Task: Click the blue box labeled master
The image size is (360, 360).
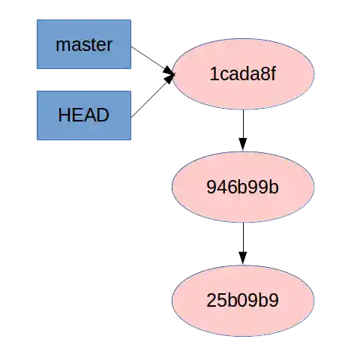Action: (84, 45)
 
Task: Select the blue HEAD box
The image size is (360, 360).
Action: (84, 116)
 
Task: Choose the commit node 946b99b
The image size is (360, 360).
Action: (242, 187)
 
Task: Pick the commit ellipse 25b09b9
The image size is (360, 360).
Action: (242, 301)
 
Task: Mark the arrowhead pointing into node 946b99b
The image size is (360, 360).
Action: (242, 142)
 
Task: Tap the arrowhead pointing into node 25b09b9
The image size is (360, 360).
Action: (242, 256)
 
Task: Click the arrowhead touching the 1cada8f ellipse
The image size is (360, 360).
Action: (169, 75)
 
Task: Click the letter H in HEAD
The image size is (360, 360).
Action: (64, 116)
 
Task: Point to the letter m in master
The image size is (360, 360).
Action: (62, 45)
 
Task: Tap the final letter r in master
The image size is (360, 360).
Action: (109, 45)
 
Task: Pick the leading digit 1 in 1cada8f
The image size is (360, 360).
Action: (214, 74)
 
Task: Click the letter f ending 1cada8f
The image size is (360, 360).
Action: (275, 74)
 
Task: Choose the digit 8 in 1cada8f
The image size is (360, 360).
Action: (266, 74)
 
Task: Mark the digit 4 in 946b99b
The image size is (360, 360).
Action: (221, 187)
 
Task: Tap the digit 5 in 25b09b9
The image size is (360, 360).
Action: (221, 301)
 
